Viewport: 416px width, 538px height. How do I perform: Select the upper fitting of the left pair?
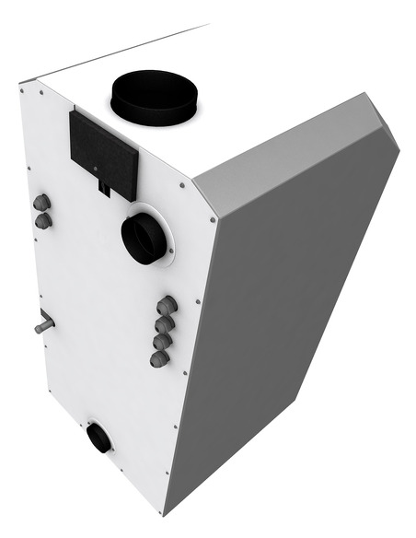41,204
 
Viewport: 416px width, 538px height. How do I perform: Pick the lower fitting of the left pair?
43,220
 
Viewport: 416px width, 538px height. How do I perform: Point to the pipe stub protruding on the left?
43,325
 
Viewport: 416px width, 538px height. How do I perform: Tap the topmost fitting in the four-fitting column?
167,306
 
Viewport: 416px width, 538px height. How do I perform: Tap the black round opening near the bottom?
98,439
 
